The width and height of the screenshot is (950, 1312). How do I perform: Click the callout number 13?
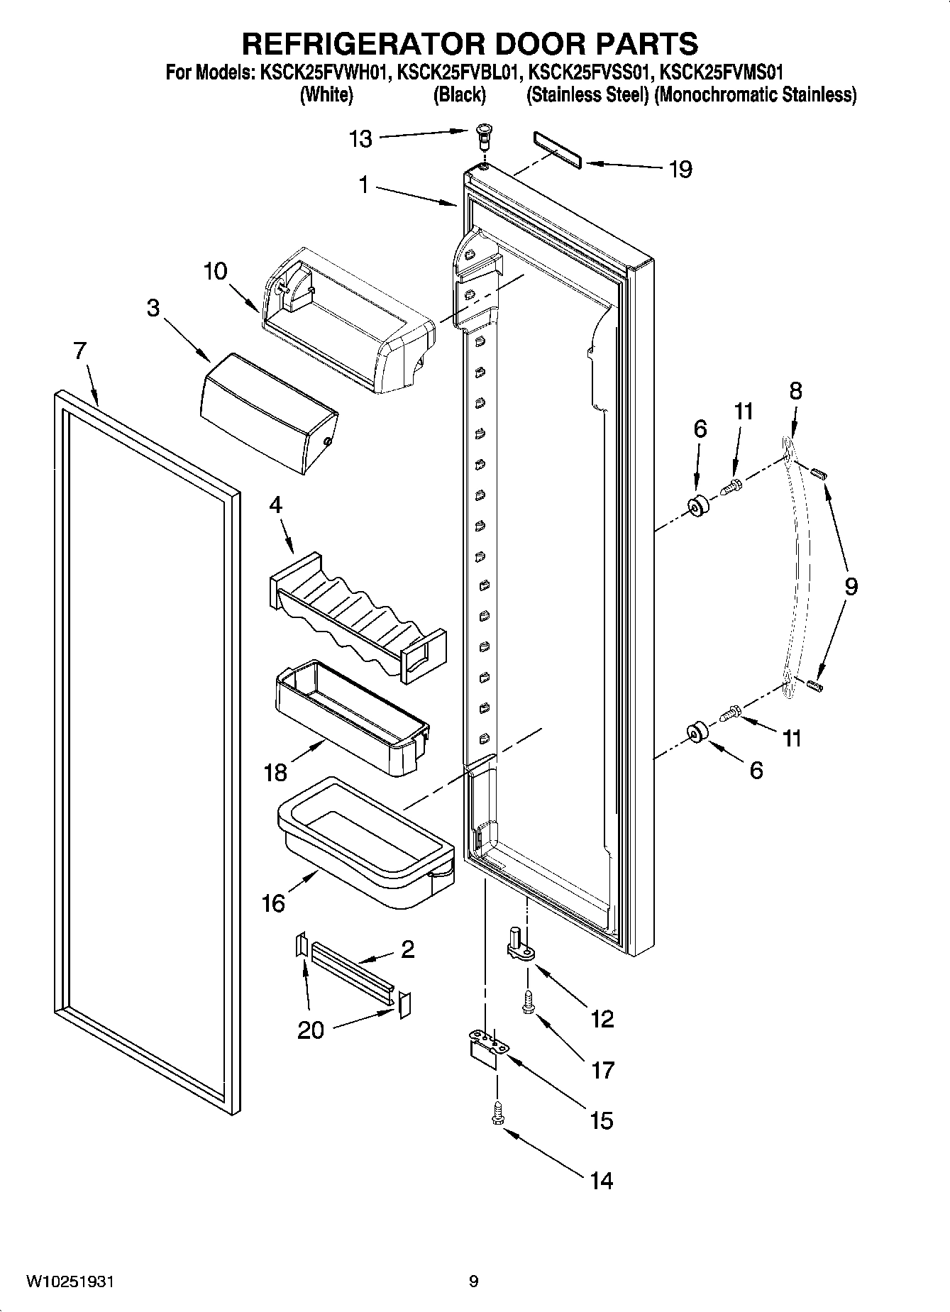[360, 139]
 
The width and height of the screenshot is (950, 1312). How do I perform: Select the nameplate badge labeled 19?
[557, 150]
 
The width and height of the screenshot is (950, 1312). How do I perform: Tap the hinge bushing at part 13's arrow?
[483, 134]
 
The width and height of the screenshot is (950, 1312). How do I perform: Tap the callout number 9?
[850, 586]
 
